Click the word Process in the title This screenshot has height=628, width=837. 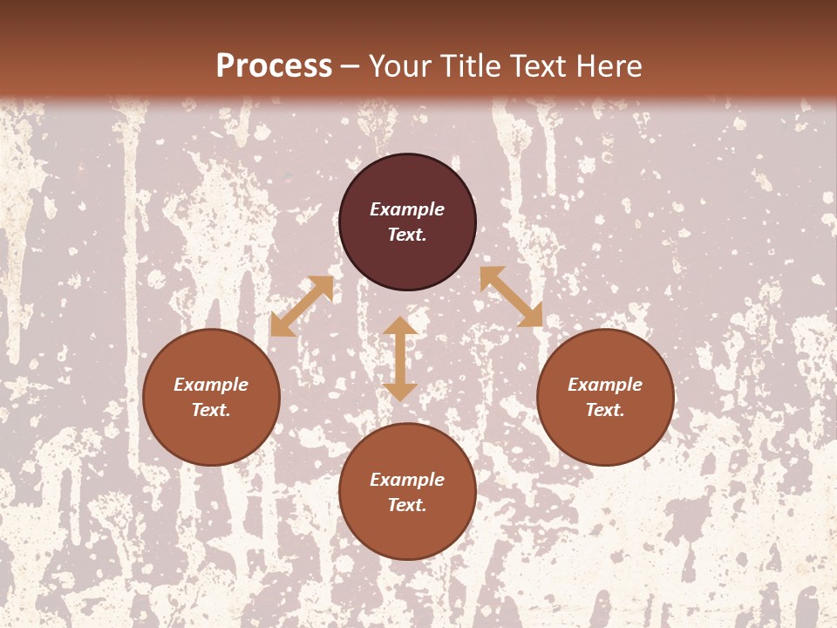coord(274,66)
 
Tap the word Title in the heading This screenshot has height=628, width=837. coord(469,66)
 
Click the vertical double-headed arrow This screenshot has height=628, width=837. coord(400,358)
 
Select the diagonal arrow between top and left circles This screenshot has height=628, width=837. coord(302,306)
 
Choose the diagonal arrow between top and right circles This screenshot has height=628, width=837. coord(511,297)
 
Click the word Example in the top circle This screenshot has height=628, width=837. coord(407,209)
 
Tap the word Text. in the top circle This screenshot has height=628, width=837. coord(407,235)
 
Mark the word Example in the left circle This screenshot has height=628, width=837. coord(211,385)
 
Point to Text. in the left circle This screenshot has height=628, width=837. coord(211,410)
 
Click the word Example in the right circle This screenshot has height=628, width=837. coord(605,385)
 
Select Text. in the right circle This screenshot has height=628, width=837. coord(605,410)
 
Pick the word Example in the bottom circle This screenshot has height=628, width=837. coord(407,480)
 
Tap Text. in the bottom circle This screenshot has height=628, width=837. coord(407,505)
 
